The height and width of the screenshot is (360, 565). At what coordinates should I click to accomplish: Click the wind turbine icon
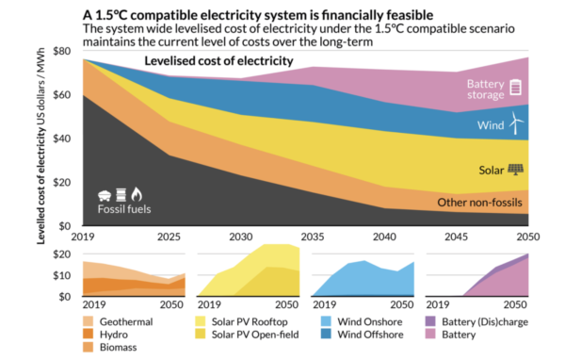point(515,123)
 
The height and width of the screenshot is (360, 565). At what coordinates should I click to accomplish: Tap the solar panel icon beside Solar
point(516,170)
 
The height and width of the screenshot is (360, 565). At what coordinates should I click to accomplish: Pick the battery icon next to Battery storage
point(515,88)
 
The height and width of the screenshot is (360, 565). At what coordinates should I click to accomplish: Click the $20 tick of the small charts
point(61,254)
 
